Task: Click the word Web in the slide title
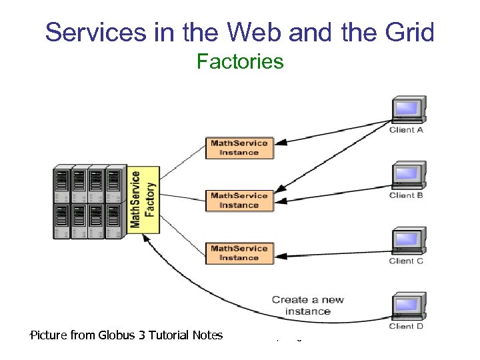coord(247,31)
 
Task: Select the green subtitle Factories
coord(240,62)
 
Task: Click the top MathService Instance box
coord(239,147)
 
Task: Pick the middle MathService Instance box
coord(239,200)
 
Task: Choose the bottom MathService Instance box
coord(239,253)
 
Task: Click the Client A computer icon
coord(408,109)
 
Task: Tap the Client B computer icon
coord(408,175)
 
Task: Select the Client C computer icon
coord(408,241)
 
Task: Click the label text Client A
coord(406,130)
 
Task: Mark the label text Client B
coord(406,195)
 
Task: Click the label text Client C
coord(406,261)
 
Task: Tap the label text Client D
coord(406,327)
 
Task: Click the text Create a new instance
coord(307,305)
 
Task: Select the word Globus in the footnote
coord(117,335)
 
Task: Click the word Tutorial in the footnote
coord(166,335)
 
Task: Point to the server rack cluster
coord(89,201)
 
